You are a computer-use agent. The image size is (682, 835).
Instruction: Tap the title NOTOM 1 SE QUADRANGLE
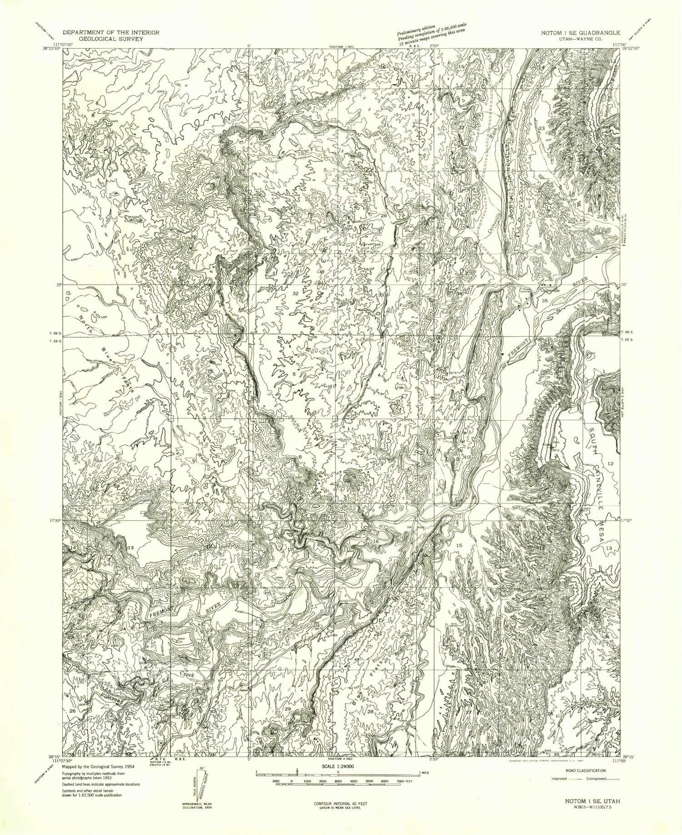[x=577, y=32]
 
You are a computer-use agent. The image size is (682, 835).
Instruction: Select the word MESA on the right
[x=602, y=529]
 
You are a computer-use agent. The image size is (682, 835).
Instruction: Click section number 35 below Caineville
[x=544, y=301]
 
